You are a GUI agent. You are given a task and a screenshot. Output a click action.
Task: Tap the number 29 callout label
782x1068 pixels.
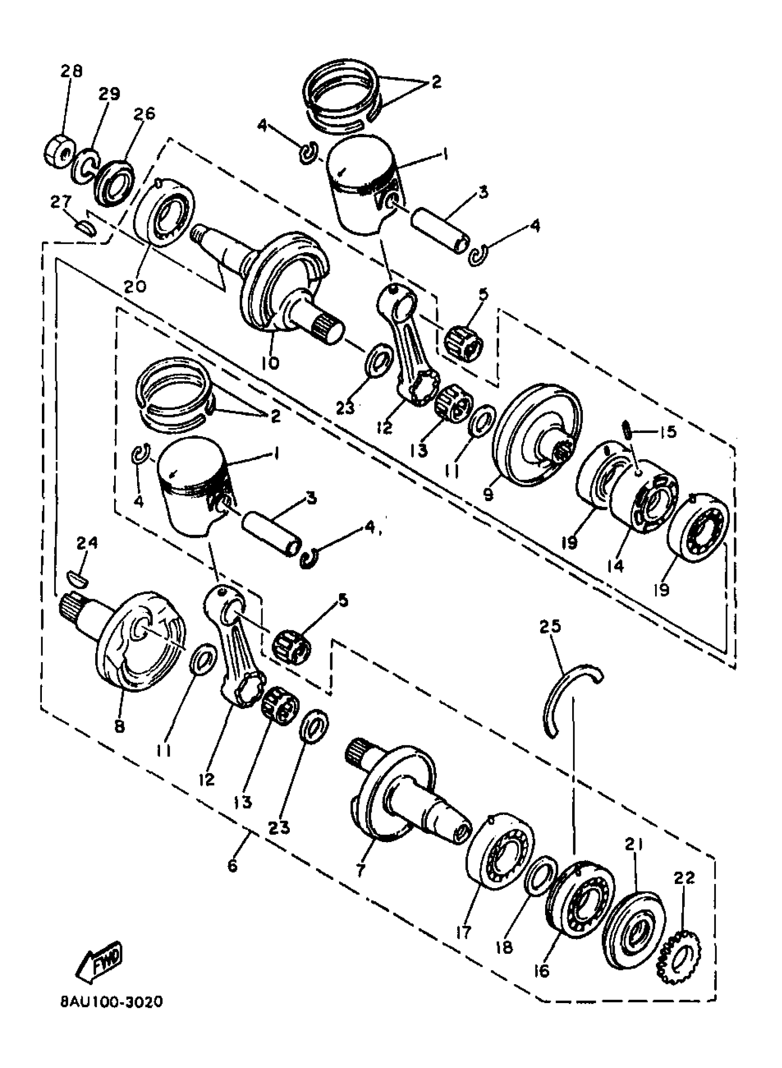109,93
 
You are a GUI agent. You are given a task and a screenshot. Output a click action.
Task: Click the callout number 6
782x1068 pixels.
232,866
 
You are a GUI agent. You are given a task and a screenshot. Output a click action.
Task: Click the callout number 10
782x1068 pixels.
270,363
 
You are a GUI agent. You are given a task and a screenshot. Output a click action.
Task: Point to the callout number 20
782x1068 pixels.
135,286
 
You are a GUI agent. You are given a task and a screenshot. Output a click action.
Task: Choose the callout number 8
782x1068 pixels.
119,726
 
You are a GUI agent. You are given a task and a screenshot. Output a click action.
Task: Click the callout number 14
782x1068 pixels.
617,565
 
